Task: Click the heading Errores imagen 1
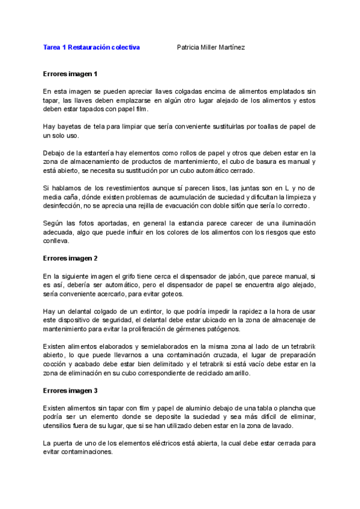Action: click(x=70, y=74)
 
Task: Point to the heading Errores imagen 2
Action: click(x=70, y=258)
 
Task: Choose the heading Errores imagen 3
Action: click(x=70, y=391)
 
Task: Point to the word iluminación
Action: click(x=291, y=223)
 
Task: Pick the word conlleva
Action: click(x=56, y=241)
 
